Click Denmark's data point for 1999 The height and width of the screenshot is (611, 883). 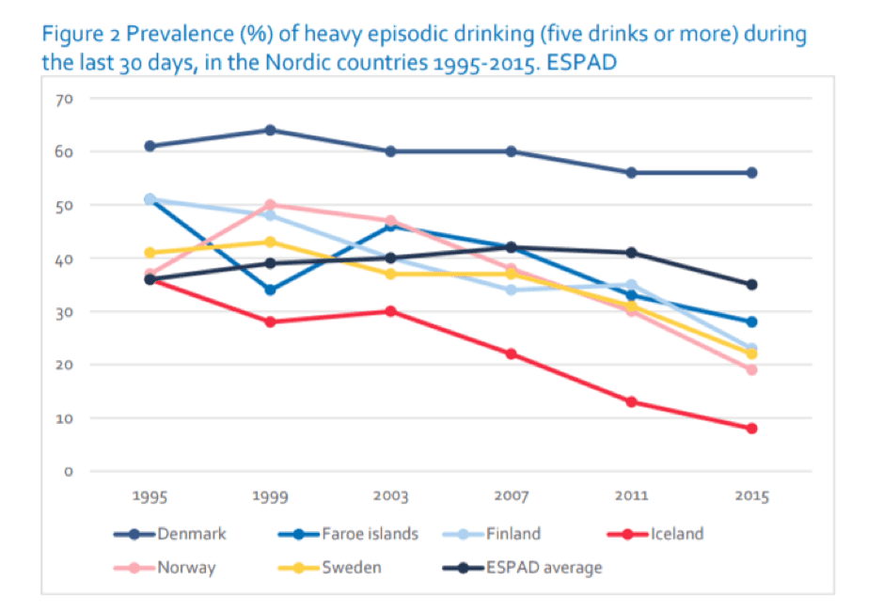(x=270, y=130)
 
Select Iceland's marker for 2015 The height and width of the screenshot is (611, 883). (x=751, y=428)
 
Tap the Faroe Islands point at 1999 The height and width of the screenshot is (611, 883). (x=270, y=290)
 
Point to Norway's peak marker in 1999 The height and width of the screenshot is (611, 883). (x=270, y=204)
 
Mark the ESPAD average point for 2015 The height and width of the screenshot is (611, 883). (x=751, y=284)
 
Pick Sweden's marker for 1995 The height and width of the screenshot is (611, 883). (x=150, y=252)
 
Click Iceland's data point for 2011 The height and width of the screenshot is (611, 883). (x=631, y=401)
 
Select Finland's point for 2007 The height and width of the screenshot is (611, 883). (x=511, y=290)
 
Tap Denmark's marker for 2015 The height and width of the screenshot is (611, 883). (x=751, y=172)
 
